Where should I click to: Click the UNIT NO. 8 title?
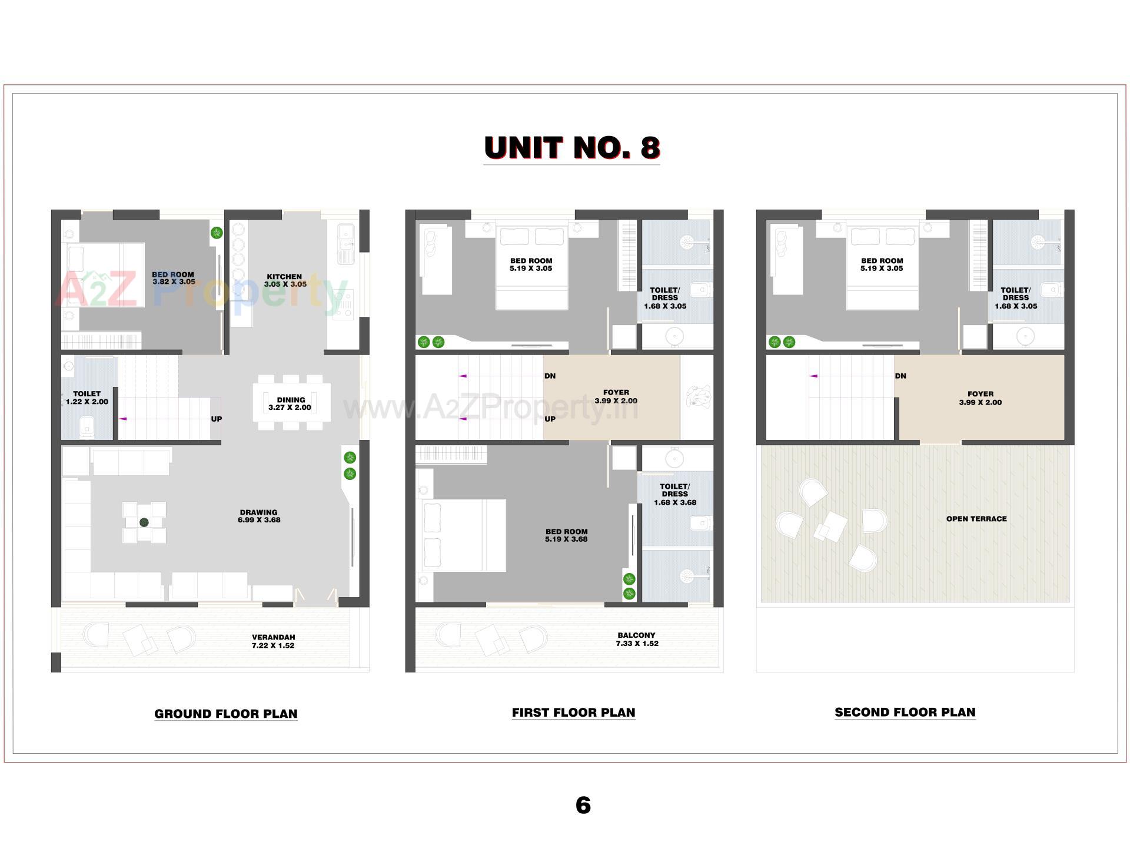[571, 148]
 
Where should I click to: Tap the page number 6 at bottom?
[583, 805]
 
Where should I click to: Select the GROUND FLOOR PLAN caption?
[225, 714]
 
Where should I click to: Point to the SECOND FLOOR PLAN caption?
[905, 712]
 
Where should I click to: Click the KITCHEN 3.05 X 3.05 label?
[285, 280]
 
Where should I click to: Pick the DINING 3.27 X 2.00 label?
[290, 403]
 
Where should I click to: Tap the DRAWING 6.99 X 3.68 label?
[259, 516]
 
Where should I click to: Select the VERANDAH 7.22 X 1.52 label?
[273, 641]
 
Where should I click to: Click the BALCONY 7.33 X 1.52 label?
[637, 639]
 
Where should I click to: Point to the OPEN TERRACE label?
[976, 519]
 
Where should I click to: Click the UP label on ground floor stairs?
[217, 419]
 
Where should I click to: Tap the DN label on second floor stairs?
[900, 376]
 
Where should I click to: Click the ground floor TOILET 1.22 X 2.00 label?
[87, 397]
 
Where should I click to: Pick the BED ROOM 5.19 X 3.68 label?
[566, 535]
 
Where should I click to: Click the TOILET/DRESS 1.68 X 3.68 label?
[674, 495]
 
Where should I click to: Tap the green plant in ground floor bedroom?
[217, 233]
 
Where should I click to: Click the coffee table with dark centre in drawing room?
[144, 522]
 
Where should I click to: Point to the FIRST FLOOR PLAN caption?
[573, 713]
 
